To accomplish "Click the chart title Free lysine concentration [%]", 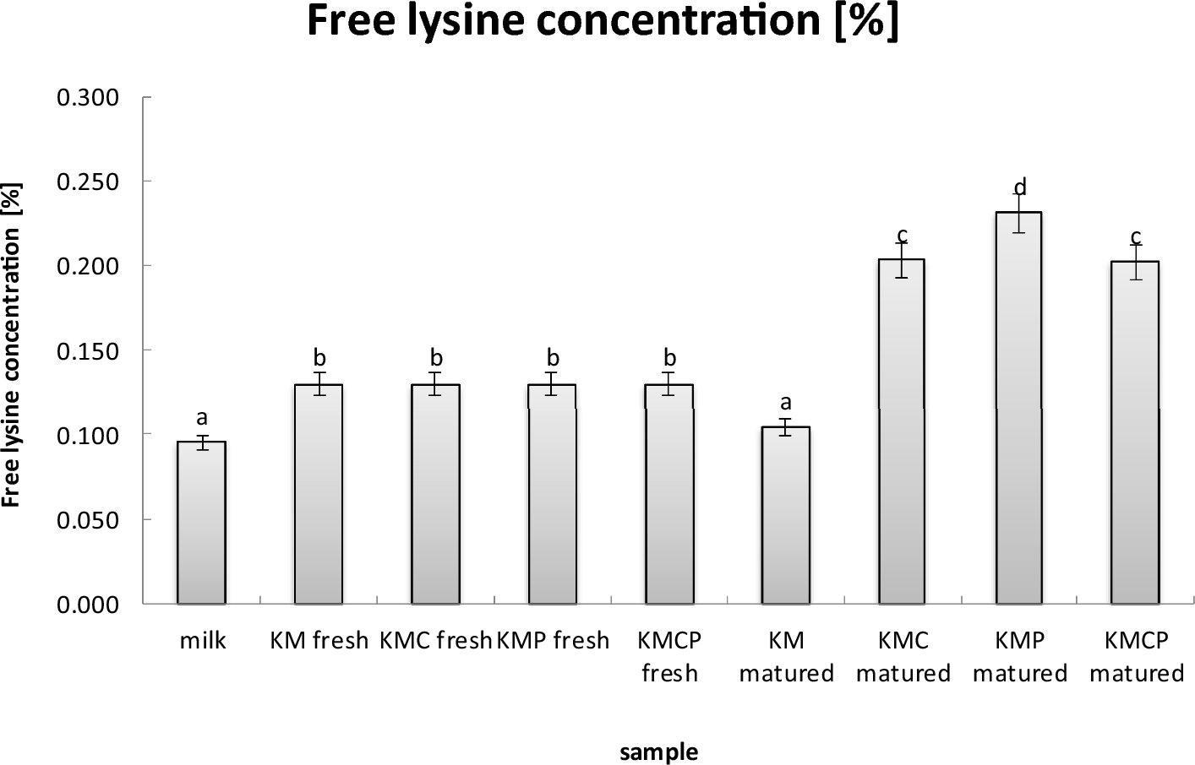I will click(603, 23).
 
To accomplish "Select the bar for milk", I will click(201, 524).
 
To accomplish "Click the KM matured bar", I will click(786, 515).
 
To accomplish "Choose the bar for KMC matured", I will click(903, 431).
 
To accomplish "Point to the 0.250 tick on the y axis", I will click(88, 182).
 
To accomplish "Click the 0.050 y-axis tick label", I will click(88, 520).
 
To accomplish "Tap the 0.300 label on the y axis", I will click(88, 98).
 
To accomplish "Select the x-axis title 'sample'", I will click(659, 751).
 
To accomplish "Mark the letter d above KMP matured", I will click(1020, 187).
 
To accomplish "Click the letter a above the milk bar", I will click(202, 417).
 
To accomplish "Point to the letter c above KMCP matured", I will click(1136, 236).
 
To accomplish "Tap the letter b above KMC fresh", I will click(436, 358).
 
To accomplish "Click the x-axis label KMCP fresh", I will click(669, 656).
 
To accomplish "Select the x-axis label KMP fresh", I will click(553, 641).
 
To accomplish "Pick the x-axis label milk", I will click(203, 641).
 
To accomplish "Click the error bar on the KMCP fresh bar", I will click(669, 383).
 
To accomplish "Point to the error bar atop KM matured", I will click(786, 426).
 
